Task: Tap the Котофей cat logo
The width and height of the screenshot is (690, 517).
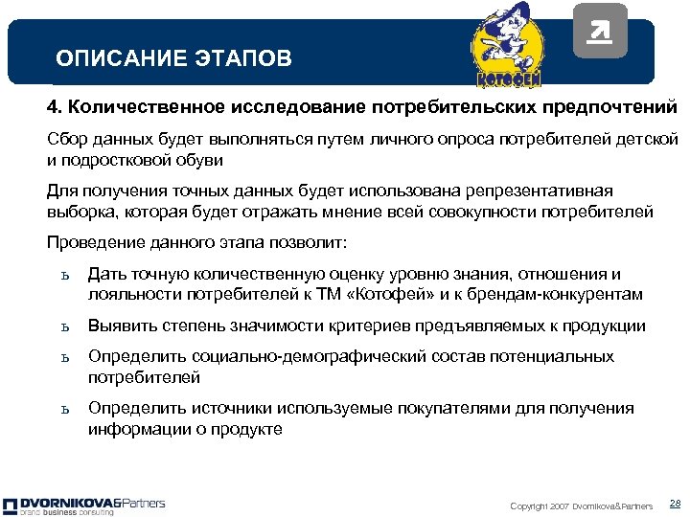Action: click(x=510, y=45)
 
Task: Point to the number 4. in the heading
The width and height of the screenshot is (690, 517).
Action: click(x=57, y=103)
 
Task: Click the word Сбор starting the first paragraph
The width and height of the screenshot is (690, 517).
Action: click(x=67, y=140)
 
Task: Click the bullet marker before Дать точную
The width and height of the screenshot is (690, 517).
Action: click(x=63, y=277)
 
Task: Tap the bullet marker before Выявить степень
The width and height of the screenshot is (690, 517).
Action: click(x=63, y=327)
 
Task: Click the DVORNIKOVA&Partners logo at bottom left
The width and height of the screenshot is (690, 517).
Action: click(x=84, y=505)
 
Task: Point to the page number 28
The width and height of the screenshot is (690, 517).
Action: click(x=674, y=504)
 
